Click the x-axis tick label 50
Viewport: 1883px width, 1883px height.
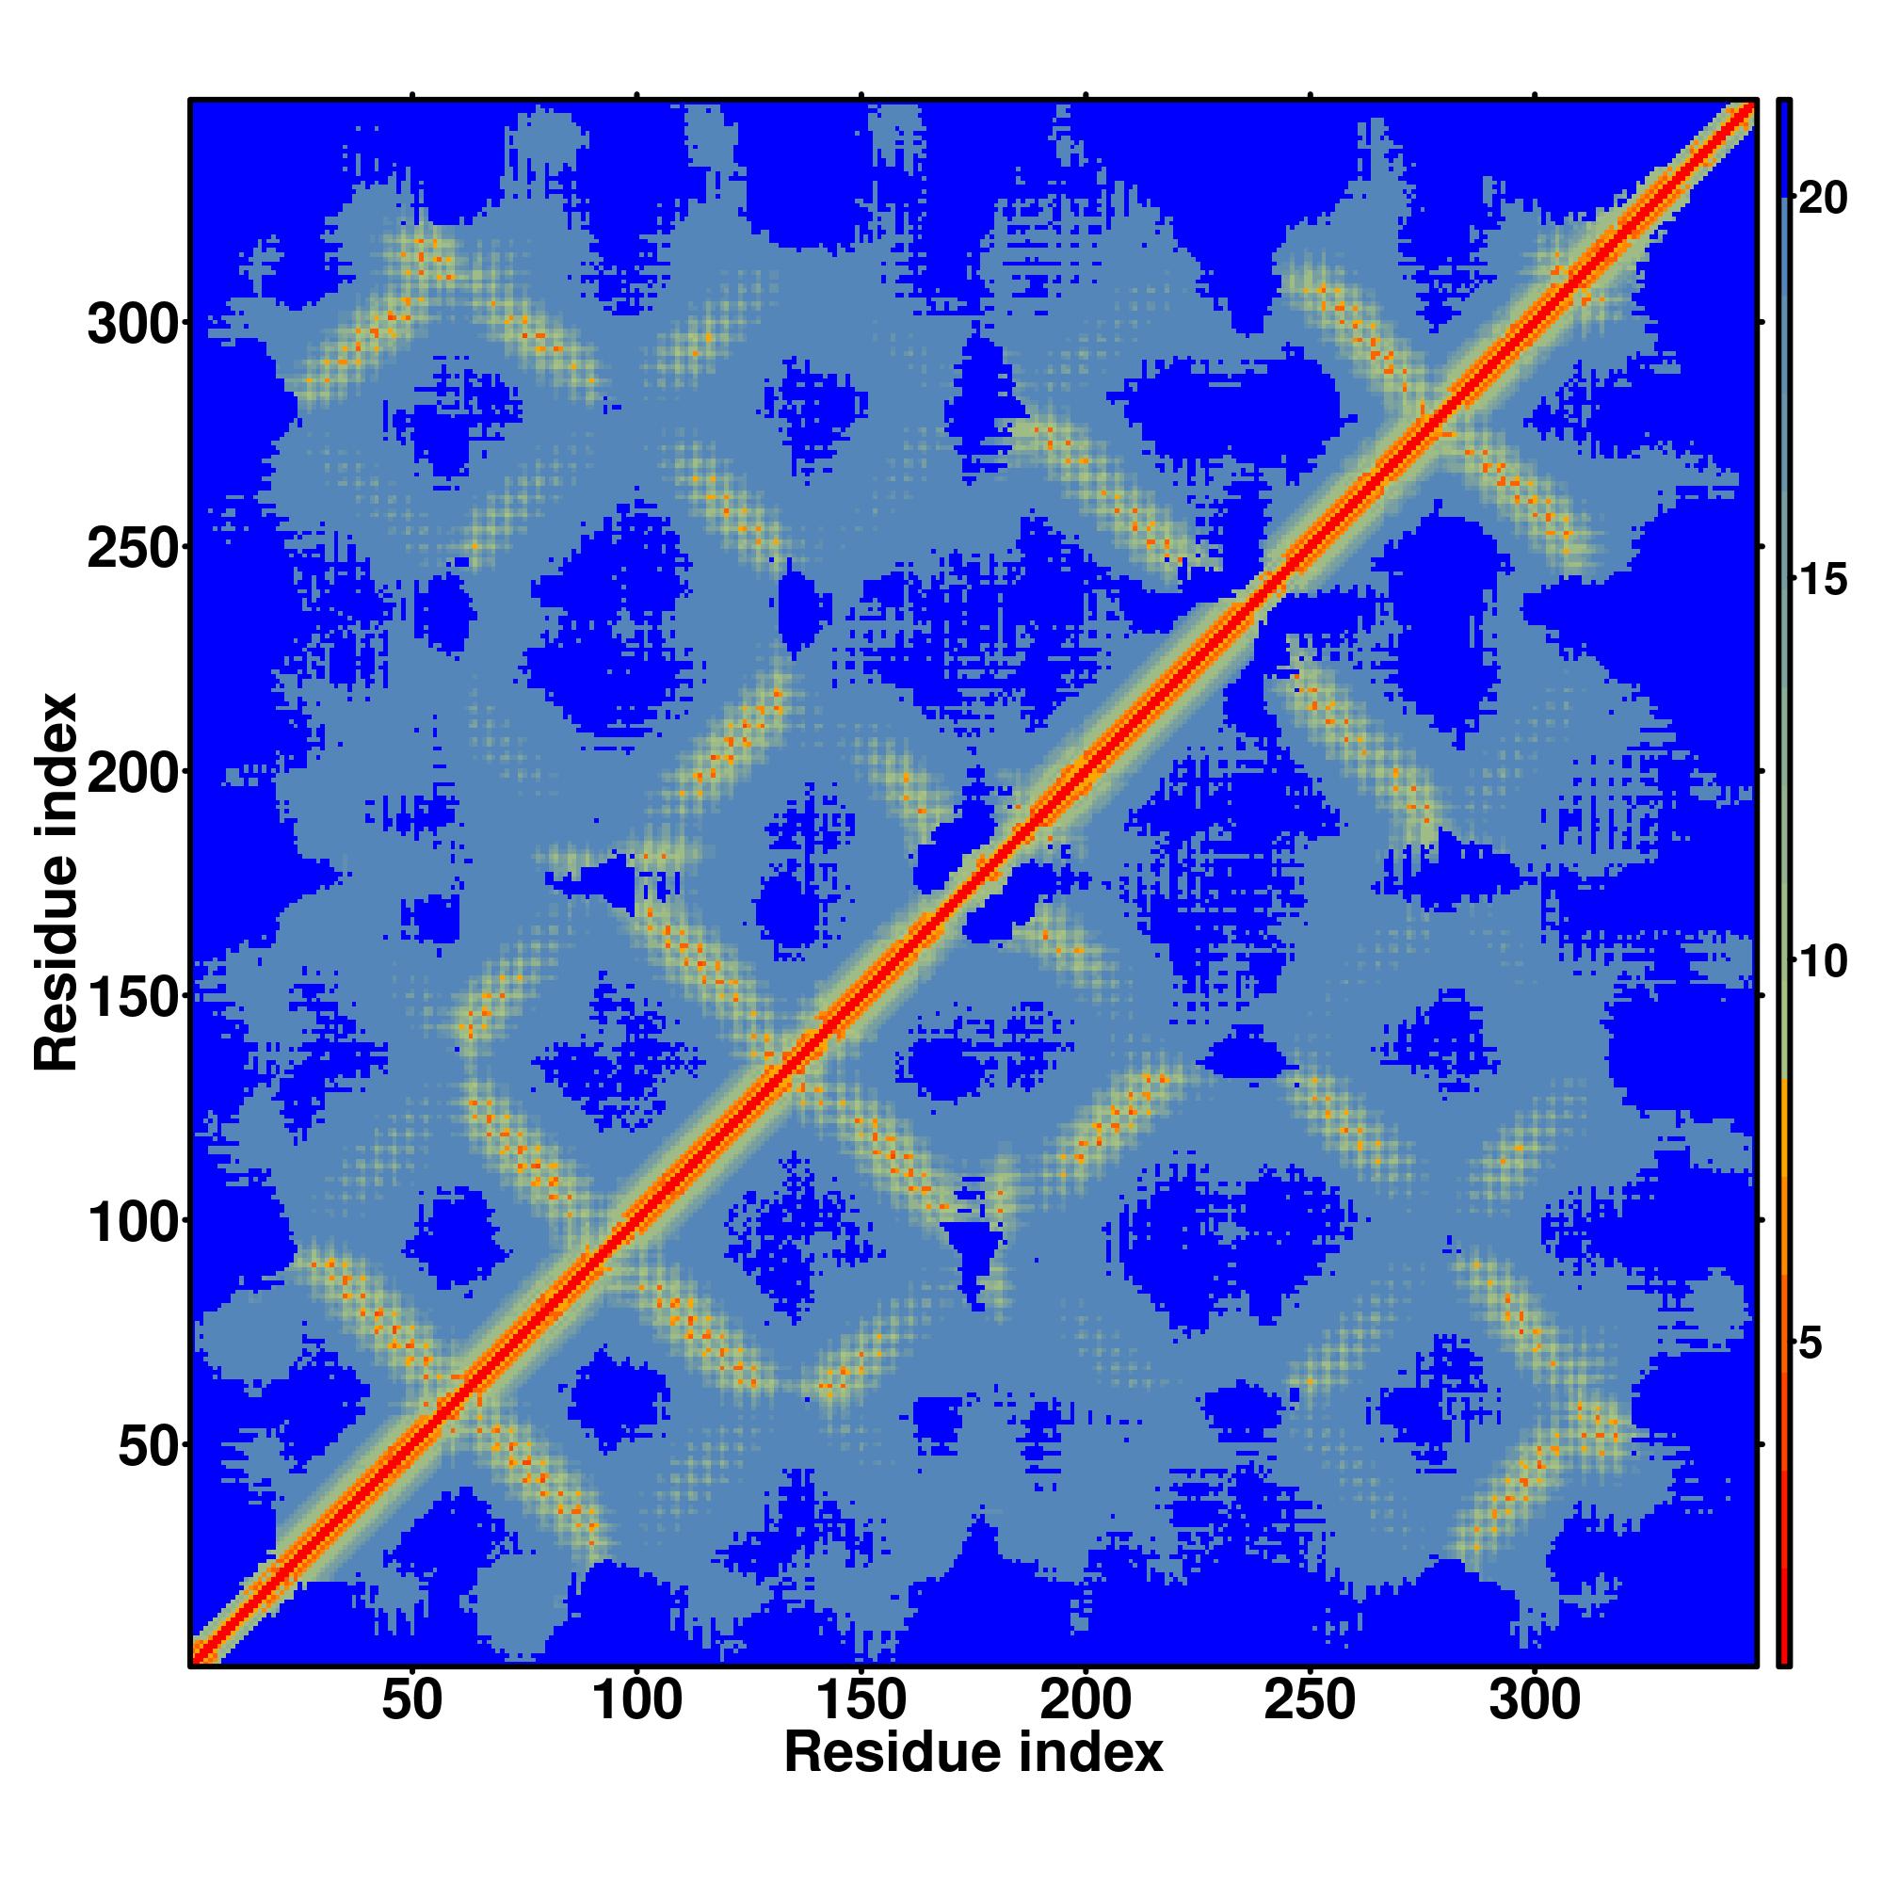(412, 1701)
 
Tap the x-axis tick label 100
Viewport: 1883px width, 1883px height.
(637, 1701)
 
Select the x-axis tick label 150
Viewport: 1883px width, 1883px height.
(861, 1701)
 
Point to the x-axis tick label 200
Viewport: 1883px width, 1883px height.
(1086, 1701)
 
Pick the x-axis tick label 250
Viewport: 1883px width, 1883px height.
(1310, 1701)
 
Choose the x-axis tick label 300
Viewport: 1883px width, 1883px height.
(1535, 1701)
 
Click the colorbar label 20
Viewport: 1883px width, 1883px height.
(1823, 199)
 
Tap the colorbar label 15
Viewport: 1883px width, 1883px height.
(1823, 581)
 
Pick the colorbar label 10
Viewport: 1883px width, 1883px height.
(1823, 963)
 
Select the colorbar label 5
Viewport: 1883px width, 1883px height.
(1811, 1345)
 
